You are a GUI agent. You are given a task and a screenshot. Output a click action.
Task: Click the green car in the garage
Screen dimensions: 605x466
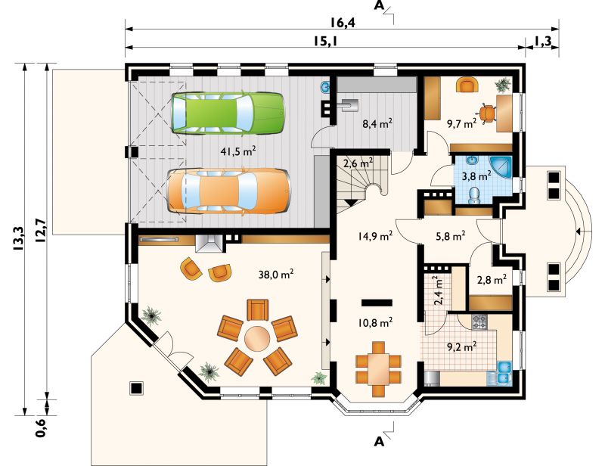coord(228,113)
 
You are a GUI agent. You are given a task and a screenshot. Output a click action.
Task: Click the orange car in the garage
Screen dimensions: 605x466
coord(229,191)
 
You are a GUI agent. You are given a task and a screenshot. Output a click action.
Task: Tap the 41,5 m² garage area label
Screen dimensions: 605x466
coord(238,151)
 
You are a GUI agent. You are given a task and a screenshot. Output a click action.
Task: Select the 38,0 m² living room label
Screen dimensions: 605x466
coord(276,275)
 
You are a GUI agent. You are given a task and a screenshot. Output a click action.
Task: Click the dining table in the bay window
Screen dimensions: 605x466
coord(378,368)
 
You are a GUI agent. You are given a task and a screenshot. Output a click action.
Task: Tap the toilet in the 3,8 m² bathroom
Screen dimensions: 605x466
coord(473,195)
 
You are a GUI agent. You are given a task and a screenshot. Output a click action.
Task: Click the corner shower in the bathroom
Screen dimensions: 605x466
coord(501,166)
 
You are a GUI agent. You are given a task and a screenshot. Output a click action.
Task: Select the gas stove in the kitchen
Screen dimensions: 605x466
coord(479,322)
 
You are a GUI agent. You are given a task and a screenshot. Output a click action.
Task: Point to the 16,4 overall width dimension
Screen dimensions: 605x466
coord(343,23)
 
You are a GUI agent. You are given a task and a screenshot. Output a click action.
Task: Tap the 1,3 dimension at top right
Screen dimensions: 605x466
coord(543,41)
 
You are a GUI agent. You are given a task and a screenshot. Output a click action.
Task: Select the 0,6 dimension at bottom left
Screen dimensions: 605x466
coord(41,427)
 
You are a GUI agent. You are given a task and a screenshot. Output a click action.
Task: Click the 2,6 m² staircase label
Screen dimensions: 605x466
coord(358,163)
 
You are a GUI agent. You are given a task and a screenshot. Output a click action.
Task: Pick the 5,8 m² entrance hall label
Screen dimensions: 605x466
coord(450,235)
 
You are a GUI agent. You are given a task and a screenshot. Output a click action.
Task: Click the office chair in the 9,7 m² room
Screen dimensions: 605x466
coord(487,113)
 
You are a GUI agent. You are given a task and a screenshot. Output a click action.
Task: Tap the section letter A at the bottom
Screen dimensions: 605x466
coord(380,441)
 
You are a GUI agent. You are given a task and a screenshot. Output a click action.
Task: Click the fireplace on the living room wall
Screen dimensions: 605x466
coord(208,244)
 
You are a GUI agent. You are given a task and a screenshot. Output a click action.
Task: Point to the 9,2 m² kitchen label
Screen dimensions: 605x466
coord(461,346)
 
